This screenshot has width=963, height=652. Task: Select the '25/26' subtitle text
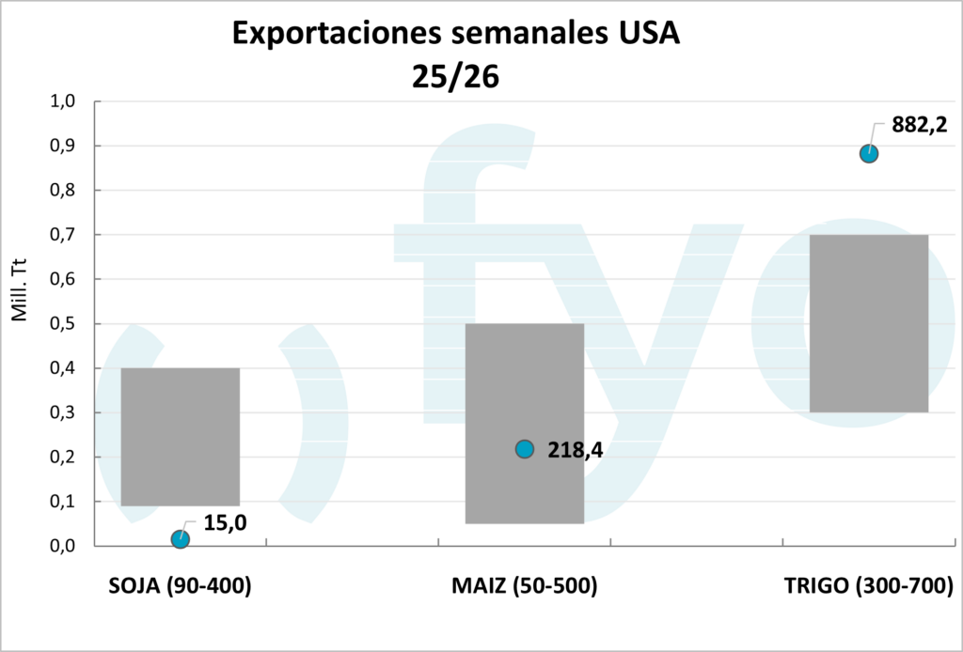[454, 75]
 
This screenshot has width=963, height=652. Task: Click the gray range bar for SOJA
[181, 437]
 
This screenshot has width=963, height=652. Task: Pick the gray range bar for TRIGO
[869, 323]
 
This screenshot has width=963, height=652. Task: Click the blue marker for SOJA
[181, 538]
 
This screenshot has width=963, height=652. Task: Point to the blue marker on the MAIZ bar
[525, 449]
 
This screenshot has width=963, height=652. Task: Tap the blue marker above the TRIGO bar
[869, 153]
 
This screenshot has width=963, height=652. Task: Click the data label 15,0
[225, 523]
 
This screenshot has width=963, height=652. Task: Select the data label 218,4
[575, 450]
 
